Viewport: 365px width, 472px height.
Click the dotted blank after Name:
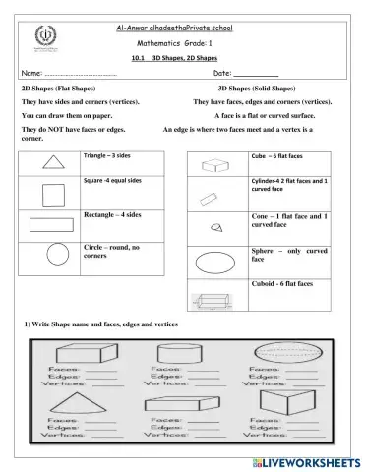tap(81, 74)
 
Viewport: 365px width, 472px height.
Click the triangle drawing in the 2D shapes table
tap(51, 163)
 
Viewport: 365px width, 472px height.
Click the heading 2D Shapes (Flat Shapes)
tap(65, 88)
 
